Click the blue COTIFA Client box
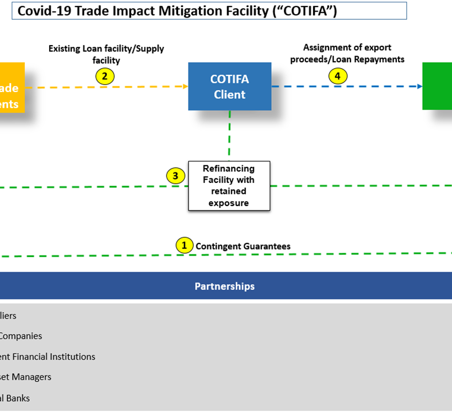pyautogui.click(x=229, y=86)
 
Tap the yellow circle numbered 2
pyautogui.click(x=105, y=76)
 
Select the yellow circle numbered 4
pyautogui.click(x=338, y=76)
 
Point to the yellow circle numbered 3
pyautogui.click(x=175, y=176)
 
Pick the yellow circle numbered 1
pyautogui.click(x=184, y=246)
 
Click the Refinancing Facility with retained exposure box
pyautogui.click(x=229, y=186)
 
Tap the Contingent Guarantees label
pyautogui.click(x=243, y=246)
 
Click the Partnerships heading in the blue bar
pyautogui.click(x=224, y=286)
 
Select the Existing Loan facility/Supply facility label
pyautogui.click(x=106, y=55)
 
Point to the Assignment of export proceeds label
pyautogui.click(x=347, y=53)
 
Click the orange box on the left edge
pyautogui.click(x=12, y=88)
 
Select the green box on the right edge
pyautogui.click(x=438, y=86)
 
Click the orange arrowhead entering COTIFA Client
pyautogui.click(x=185, y=86)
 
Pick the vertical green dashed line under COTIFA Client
pyautogui.click(x=229, y=135)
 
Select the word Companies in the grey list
pyautogui.click(x=21, y=336)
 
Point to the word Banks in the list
pyautogui.click(x=19, y=398)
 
